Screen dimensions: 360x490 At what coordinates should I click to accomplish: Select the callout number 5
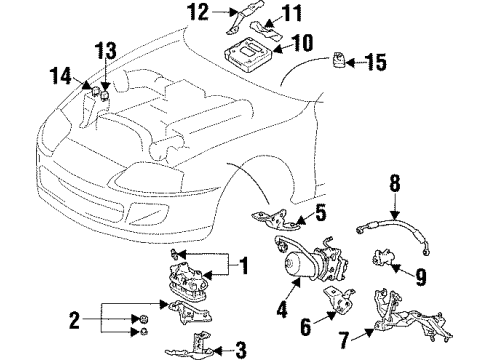(x=320, y=211)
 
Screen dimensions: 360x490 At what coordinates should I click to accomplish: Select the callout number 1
(x=239, y=267)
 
